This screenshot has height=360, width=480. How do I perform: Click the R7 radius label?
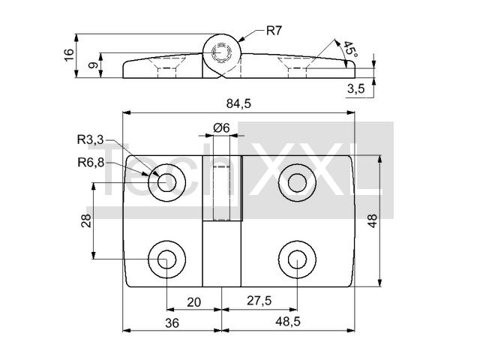(x=273, y=31)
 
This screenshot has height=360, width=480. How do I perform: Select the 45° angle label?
(x=350, y=49)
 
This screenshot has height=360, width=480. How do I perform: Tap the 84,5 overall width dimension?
(x=238, y=104)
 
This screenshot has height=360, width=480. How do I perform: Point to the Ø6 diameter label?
(x=221, y=127)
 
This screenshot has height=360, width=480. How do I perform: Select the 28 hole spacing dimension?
(x=86, y=220)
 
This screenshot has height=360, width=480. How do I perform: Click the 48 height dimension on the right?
(x=373, y=220)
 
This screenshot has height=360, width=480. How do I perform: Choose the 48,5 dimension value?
(x=288, y=322)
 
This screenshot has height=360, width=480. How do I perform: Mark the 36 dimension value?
(x=172, y=323)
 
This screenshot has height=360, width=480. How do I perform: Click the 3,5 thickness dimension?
(x=356, y=88)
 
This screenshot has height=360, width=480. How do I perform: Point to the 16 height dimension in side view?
(x=69, y=55)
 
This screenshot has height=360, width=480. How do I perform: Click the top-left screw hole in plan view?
(x=166, y=183)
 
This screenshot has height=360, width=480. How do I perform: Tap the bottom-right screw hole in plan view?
(x=297, y=259)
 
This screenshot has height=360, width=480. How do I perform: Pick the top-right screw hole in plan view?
(x=297, y=183)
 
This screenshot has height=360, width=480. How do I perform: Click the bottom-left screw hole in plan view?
(x=166, y=259)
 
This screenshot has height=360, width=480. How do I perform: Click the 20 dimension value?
(x=193, y=302)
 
